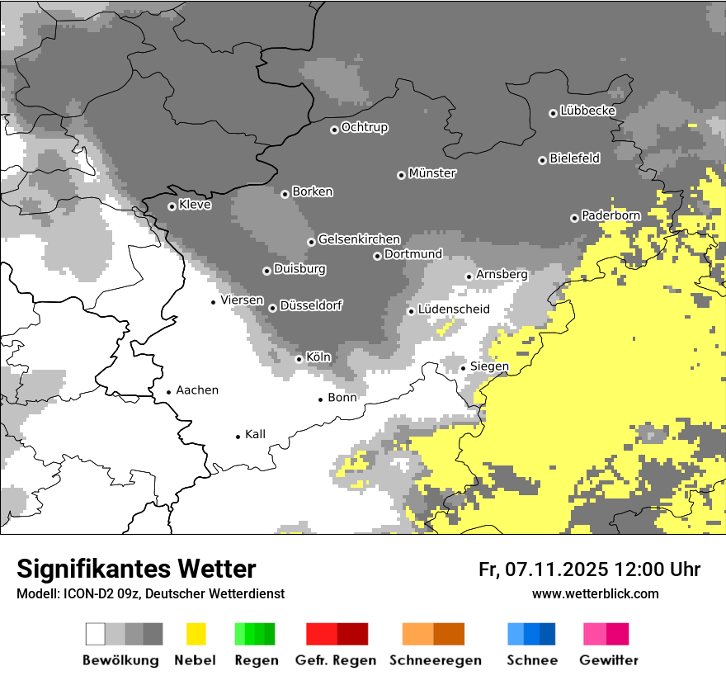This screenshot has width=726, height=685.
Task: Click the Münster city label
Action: click(x=432, y=173)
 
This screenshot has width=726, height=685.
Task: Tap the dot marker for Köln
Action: click(x=299, y=359)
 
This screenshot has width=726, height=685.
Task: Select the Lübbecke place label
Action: click(x=587, y=111)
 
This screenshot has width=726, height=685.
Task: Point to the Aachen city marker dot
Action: click(x=169, y=393)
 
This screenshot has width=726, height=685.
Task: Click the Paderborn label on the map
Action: click(x=610, y=215)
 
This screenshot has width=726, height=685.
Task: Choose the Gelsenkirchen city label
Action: click(x=359, y=239)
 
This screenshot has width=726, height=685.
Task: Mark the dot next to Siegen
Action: click(x=464, y=368)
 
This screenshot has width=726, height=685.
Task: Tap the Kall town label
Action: click(x=255, y=434)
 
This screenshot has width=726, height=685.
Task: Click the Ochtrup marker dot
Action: click(x=334, y=130)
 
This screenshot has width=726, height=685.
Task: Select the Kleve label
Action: click(x=195, y=205)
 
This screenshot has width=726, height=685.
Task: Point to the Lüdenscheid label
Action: click(x=454, y=309)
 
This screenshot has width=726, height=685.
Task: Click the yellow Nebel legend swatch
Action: click(x=196, y=634)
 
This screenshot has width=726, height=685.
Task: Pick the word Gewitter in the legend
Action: click(x=609, y=660)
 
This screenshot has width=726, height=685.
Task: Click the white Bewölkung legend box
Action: click(x=96, y=634)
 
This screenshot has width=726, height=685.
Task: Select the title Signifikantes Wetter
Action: click(x=136, y=569)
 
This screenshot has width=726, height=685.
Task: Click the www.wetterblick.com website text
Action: click(x=596, y=593)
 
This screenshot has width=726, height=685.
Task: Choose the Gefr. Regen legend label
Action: click(x=336, y=660)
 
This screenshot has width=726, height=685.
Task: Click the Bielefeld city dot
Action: click(x=543, y=160)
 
